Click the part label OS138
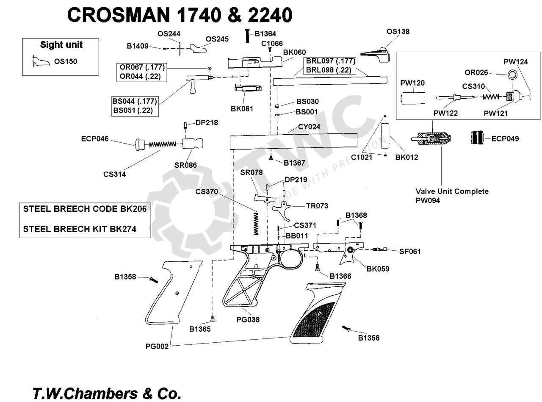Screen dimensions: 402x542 pyautogui.click(x=398, y=32)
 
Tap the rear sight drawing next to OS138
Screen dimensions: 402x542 pyautogui.click(x=375, y=54)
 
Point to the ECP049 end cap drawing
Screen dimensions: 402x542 pyautogui.click(x=479, y=138)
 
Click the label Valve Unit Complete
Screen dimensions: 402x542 pyautogui.click(x=452, y=191)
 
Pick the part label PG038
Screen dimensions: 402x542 pyautogui.click(x=248, y=320)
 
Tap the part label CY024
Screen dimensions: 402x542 pyautogui.click(x=309, y=127)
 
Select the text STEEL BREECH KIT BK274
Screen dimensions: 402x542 pyautogui.click(x=80, y=229)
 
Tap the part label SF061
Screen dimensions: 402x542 pyautogui.click(x=410, y=252)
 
